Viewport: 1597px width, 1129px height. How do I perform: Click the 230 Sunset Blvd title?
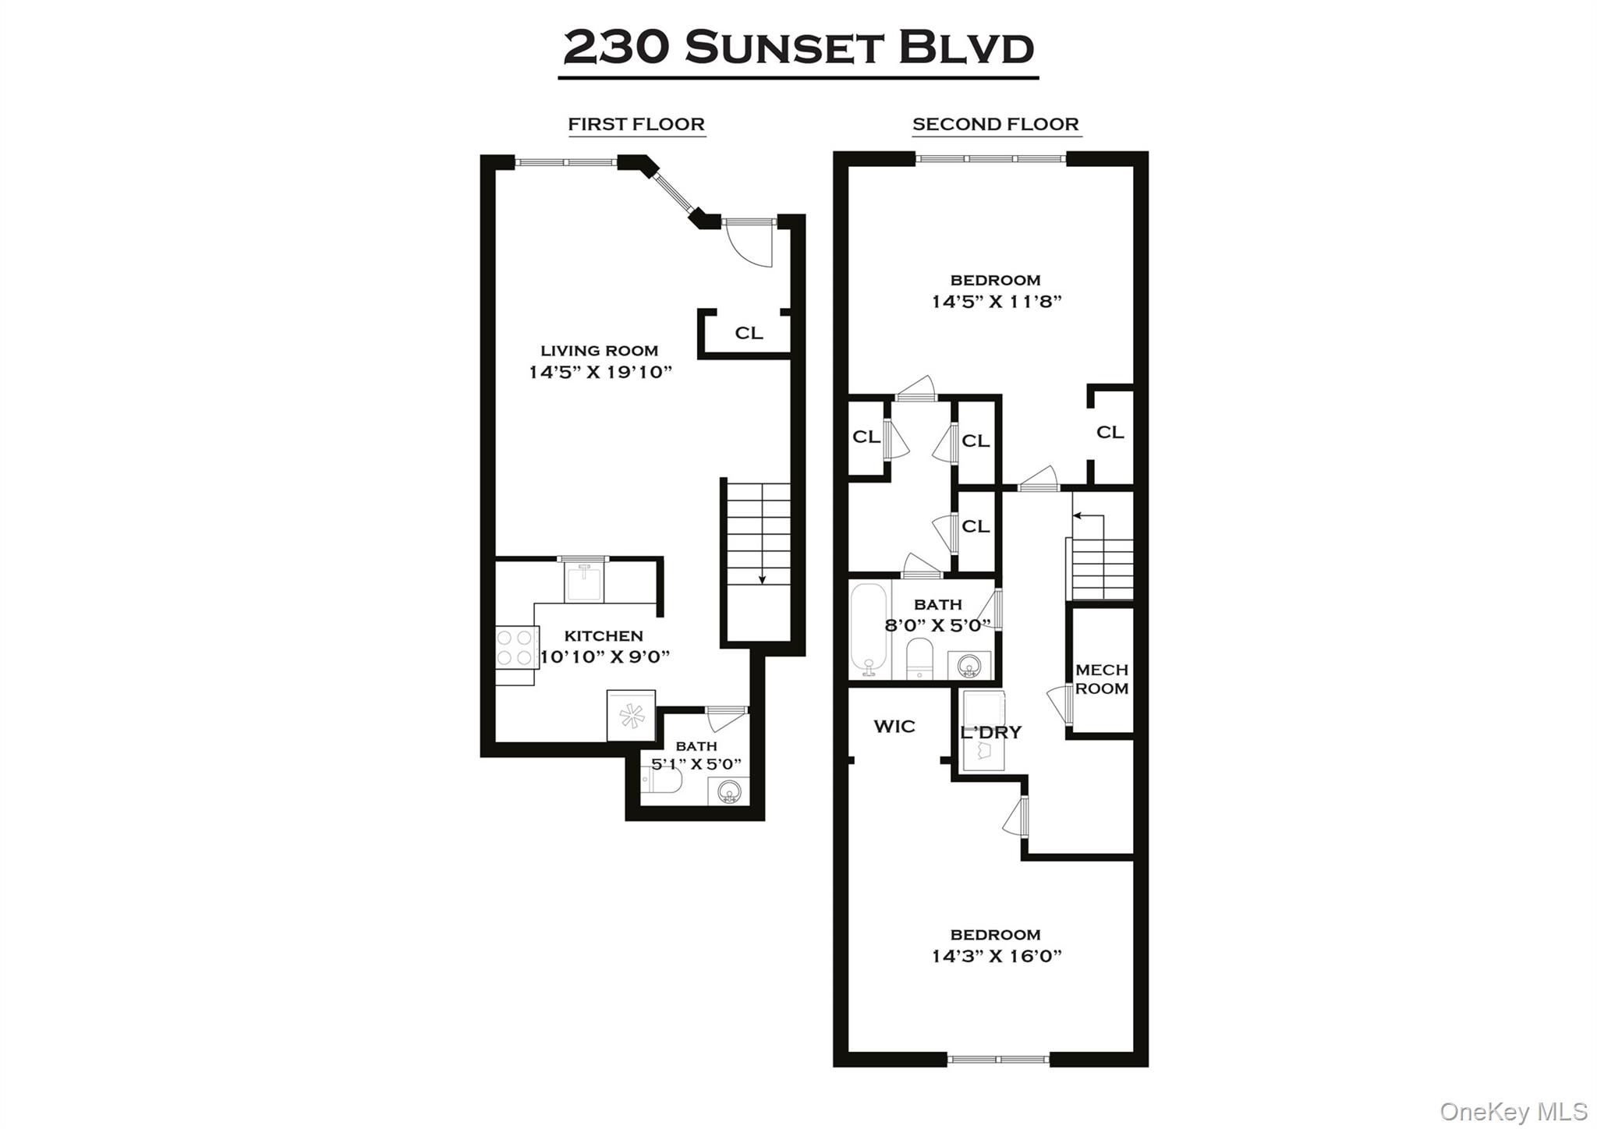pyautogui.click(x=798, y=48)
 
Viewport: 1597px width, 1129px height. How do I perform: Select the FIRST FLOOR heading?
pyautogui.click(x=636, y=124)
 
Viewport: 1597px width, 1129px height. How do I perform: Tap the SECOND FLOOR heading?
pyautogui.click(x=996, y=124)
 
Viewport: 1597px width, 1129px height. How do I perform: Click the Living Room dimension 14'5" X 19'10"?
pyautogui.click(x=600, y=372)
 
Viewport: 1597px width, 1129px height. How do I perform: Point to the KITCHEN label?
pyautogui.click(x=604, y=635)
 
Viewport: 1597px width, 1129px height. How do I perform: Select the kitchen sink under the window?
pyautogui.click(x=583, y=583)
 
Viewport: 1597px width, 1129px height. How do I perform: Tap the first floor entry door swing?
pyautogui.click(x=749, y=246)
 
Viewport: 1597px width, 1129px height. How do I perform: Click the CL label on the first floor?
pyautogui.click(x=749, y=333)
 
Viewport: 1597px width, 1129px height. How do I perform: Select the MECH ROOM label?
pyautogui.click(x=1101, y=679)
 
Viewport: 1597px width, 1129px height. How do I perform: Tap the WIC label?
pyautogui.click(x=894, y=727)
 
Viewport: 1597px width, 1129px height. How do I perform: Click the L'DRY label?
pyautogui.click(x=990, y=733)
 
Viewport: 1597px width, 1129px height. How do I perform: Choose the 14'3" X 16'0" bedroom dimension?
pyautogui.click(x=997, y=956)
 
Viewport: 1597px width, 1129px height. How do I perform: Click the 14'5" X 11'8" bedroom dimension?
pyautogui.click(x=997, y=302)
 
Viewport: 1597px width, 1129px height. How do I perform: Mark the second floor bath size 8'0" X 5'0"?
pyautogui.click(x=938, y=625)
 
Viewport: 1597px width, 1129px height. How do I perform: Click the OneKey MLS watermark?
pyautogui.click(x=1513, y=1111)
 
